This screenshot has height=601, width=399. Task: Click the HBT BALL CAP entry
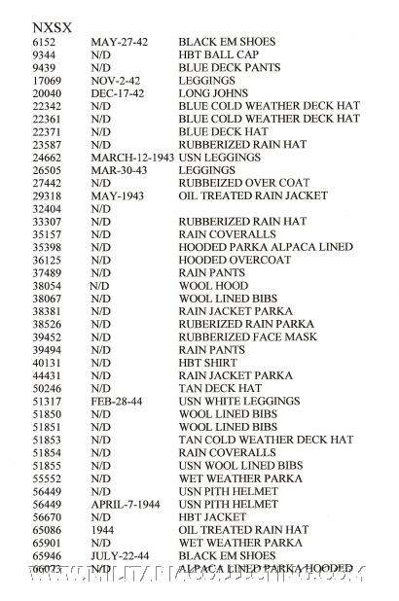(215, 55)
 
